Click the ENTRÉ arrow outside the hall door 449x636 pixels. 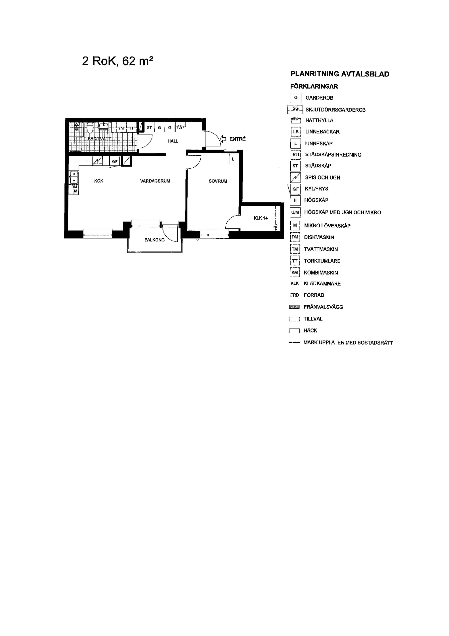point(223,139)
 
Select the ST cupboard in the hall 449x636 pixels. point(149,127)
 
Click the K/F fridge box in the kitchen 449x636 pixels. point(115,162)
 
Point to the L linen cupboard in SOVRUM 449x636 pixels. point(233,159)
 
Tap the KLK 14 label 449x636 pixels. point(261,218)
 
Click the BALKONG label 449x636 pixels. point(154,240)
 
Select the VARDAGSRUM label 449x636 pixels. point(155,181)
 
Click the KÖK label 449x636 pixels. point(99,181)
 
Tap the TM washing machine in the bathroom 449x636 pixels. point(121,128)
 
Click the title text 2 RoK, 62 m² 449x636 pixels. point(118,61)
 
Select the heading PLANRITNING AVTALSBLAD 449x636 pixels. point(340,74)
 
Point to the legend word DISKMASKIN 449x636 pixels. point(319,237)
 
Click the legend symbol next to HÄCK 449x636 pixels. point(294,331)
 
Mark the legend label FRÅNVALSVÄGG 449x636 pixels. point(323,307)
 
